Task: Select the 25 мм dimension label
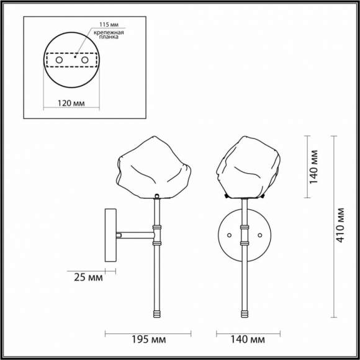[x=86, y=277]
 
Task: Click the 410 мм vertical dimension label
[x=340, y=225]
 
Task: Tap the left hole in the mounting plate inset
[x=60, y=60]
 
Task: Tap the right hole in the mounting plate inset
[x=84, y=60]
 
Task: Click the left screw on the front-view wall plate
[x=230, y=235]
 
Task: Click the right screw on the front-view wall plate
[x=259, y=235]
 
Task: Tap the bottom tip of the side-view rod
[x=157, y=318]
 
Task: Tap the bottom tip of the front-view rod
[x=245, y=318]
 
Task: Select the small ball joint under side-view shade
[x=156, y=196]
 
